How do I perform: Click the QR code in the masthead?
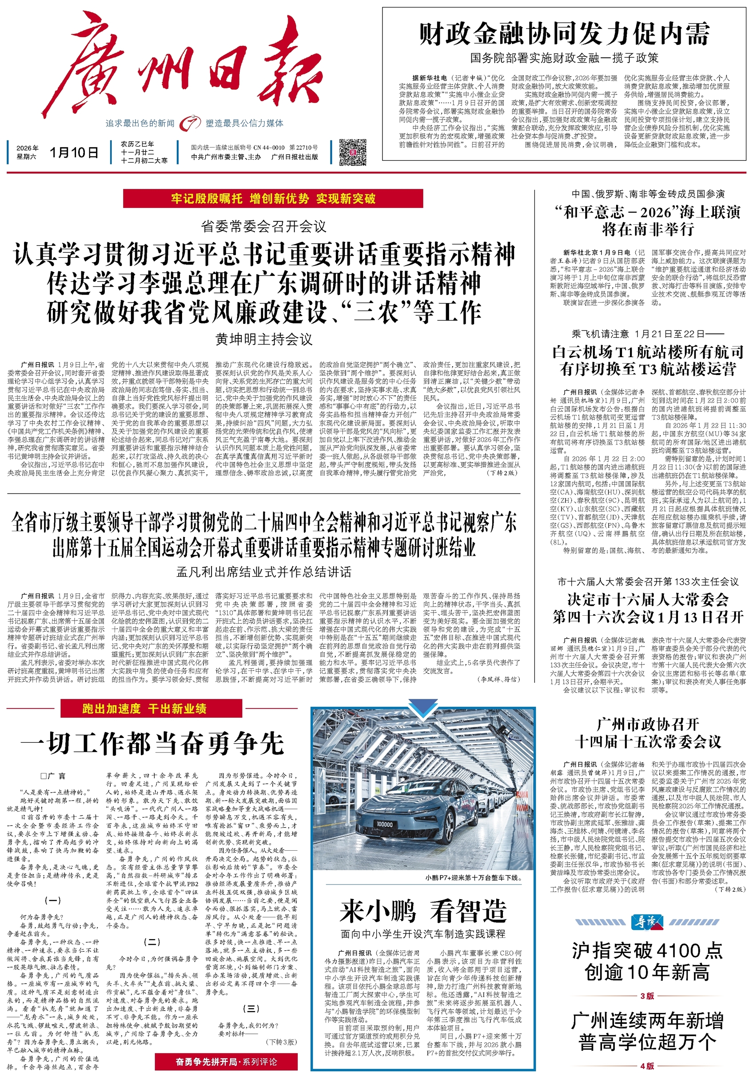coord(353,152)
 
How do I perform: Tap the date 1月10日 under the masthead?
coord(74,152)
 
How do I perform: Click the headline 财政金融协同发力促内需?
coord(564,34)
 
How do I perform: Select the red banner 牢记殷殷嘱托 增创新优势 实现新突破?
coord(273,199)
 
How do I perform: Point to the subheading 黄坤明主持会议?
coord(264,339)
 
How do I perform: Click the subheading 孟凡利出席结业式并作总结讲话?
coord(264,572)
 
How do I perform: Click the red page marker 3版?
coord(647,996)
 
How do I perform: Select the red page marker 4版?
coord(647,1065)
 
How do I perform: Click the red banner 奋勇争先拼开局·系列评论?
coord(226,1061)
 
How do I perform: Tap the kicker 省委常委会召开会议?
coord(264,227)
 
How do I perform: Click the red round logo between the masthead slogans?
coord(190,123)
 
